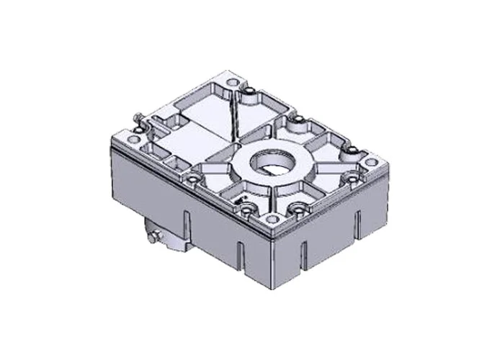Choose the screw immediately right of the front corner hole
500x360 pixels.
pyautogui.click(x=295, y=209)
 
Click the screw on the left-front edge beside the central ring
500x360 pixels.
pyautogui.click(x=194, y=174)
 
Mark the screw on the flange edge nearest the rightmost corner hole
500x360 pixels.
pyautogui.click(x=351, y=178)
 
